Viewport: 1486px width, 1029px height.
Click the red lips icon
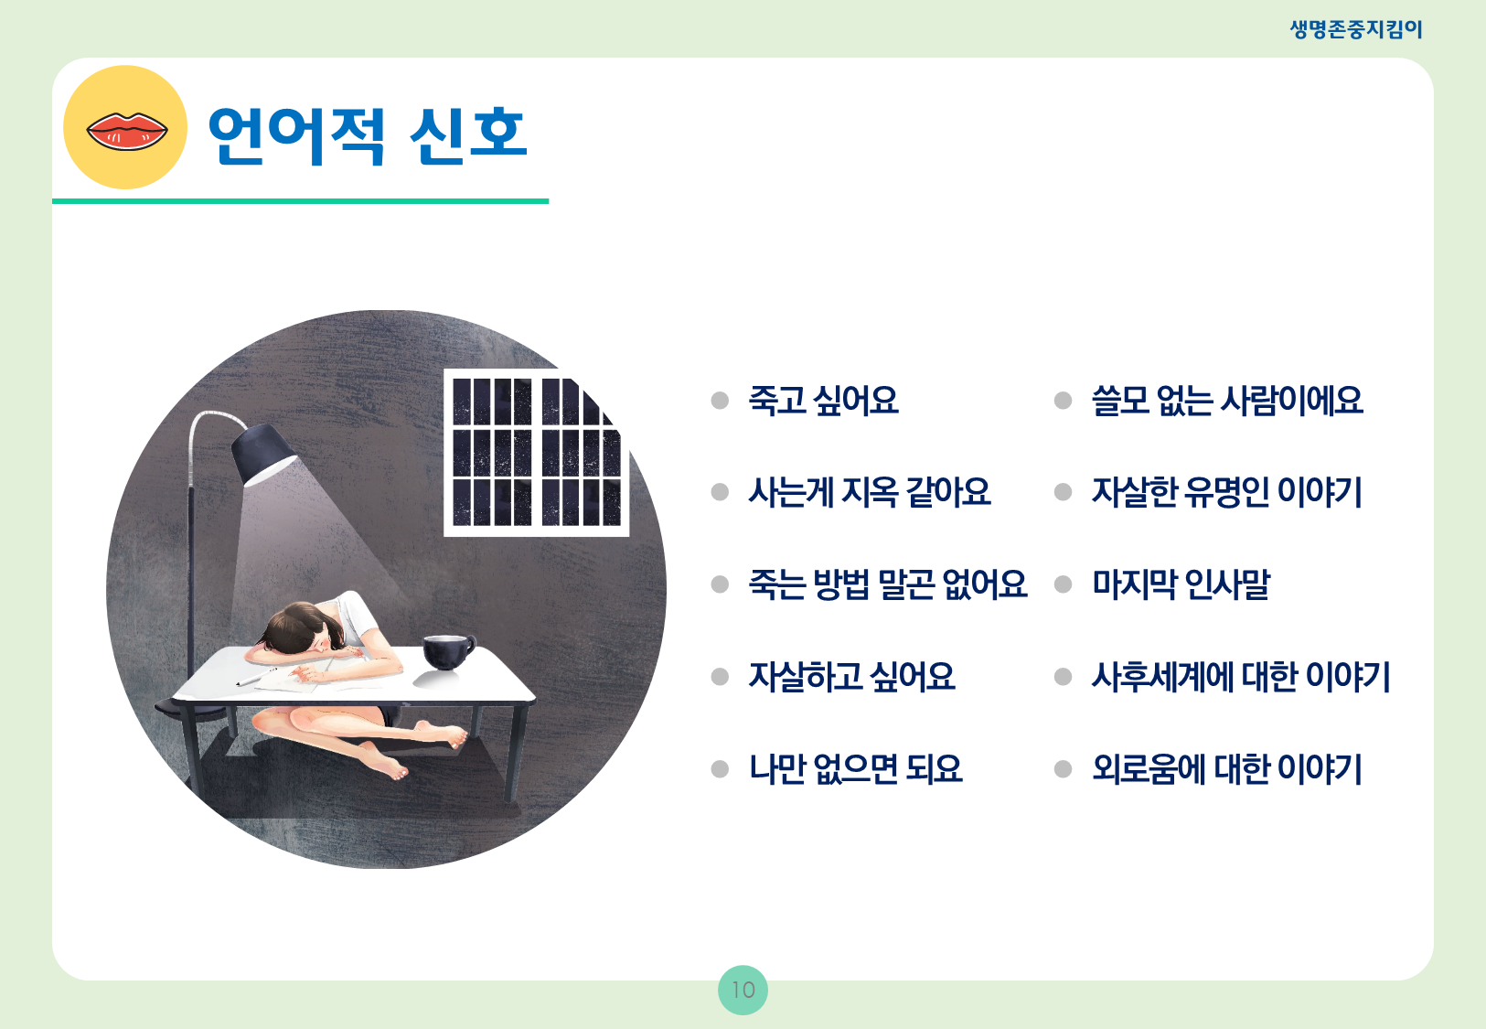(x=127, y=131)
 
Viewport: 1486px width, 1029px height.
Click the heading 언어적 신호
(x=369, y=134)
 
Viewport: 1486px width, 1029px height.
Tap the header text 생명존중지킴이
(x=1356, y=29)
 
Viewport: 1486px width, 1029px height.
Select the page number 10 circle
(x=743, y=990)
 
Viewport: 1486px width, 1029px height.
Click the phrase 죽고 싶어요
(x=823, y=401)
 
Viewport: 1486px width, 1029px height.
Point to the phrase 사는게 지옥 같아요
(x=869, y=492)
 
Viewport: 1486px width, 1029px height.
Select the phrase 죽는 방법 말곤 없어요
(x=888, y=584)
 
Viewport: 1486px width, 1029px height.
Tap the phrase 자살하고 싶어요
(x=851, y=677)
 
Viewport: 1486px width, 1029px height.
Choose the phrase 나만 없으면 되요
(x=856, y=769)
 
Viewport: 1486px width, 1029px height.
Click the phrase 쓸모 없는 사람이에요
(x=1227, y=401)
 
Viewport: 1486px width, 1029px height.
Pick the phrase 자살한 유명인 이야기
(x=1226, y=492)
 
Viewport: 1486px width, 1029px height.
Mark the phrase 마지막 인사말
(x=1181, y=584)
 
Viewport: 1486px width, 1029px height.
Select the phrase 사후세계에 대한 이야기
(x=1241, y=677)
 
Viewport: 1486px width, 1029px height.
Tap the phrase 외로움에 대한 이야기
(x=1226, y=769)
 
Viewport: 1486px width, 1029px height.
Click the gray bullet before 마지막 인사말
(x=1063, y=584)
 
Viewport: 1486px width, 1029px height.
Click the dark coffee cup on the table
(x=448, y=652)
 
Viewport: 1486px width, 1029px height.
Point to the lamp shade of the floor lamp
(x=263, y=453)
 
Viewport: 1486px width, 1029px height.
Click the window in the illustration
(x=536, y=453)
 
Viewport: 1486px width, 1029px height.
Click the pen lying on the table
(x=256, y=677)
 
